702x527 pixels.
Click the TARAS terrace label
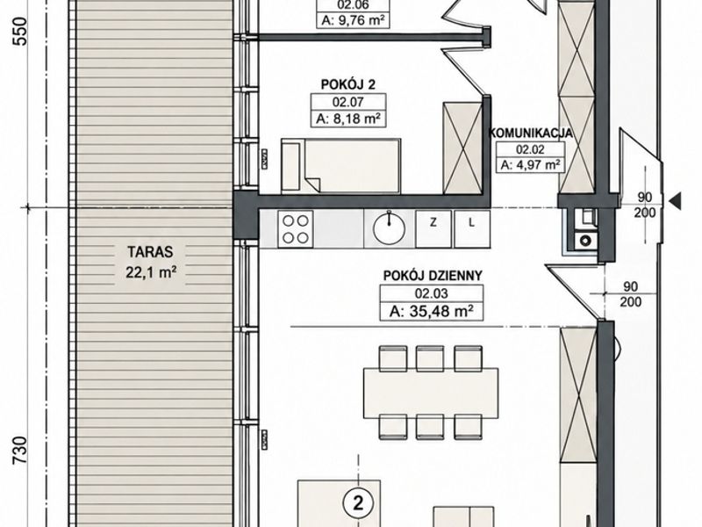point(150,252)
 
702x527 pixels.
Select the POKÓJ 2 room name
point(347,84)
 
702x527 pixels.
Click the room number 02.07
point(347,102)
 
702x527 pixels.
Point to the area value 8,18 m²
point(347,119)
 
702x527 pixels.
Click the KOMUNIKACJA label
point(531,134)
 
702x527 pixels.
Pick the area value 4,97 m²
point(531,165)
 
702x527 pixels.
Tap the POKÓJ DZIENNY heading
point(433,275)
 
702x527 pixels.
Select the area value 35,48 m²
point(432,311)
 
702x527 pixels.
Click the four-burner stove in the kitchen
point(296,229)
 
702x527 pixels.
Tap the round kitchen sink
point(389,227)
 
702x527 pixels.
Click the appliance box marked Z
point(433,229)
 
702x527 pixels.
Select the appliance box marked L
point(472,229)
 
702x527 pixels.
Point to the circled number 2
point(358,504)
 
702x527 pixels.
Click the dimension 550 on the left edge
point(20,32)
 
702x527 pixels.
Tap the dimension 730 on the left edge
point(20,451)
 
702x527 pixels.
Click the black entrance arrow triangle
point(675,200)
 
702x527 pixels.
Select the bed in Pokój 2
point(340,166)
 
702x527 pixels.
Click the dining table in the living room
point(431,391)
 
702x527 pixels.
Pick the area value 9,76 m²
point(353,20)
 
